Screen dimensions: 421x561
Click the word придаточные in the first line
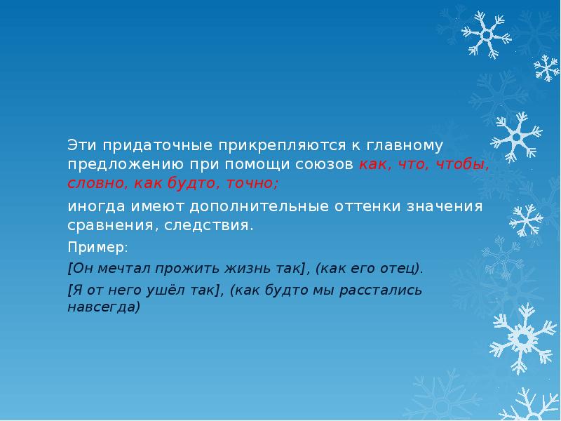tap(145, 146)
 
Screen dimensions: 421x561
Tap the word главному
tap(403, 146)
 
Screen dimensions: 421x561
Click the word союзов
tap(329, 165)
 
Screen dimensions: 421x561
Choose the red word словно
tap(91, 184)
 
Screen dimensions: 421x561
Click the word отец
tap(404, 268)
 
